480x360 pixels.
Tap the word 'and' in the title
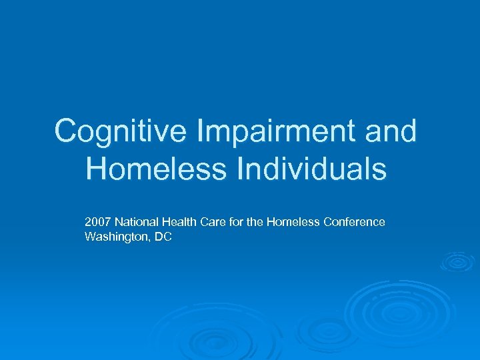(391, 131)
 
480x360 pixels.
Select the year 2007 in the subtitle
(97, 222)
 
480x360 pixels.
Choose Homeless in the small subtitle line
(292, 222)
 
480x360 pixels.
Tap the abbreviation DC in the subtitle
(163, 237)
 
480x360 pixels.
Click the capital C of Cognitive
(66, 131)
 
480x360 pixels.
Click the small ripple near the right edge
(458, 262)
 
